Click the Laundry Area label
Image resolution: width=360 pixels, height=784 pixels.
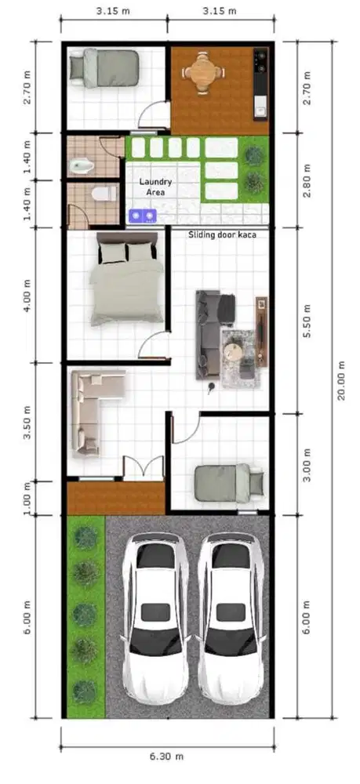[x=156, y=186]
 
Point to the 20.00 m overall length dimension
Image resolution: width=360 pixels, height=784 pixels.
[x=340, y=380]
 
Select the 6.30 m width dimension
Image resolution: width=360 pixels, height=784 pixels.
[x=167, y=757]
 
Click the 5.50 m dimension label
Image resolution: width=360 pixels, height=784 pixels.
[x=307, y=321]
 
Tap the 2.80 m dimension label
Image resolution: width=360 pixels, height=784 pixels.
[x=307, y=180]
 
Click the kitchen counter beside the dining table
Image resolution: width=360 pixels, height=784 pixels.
[x=260, y=82]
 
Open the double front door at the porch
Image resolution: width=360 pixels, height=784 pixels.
[x=142, y=468]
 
